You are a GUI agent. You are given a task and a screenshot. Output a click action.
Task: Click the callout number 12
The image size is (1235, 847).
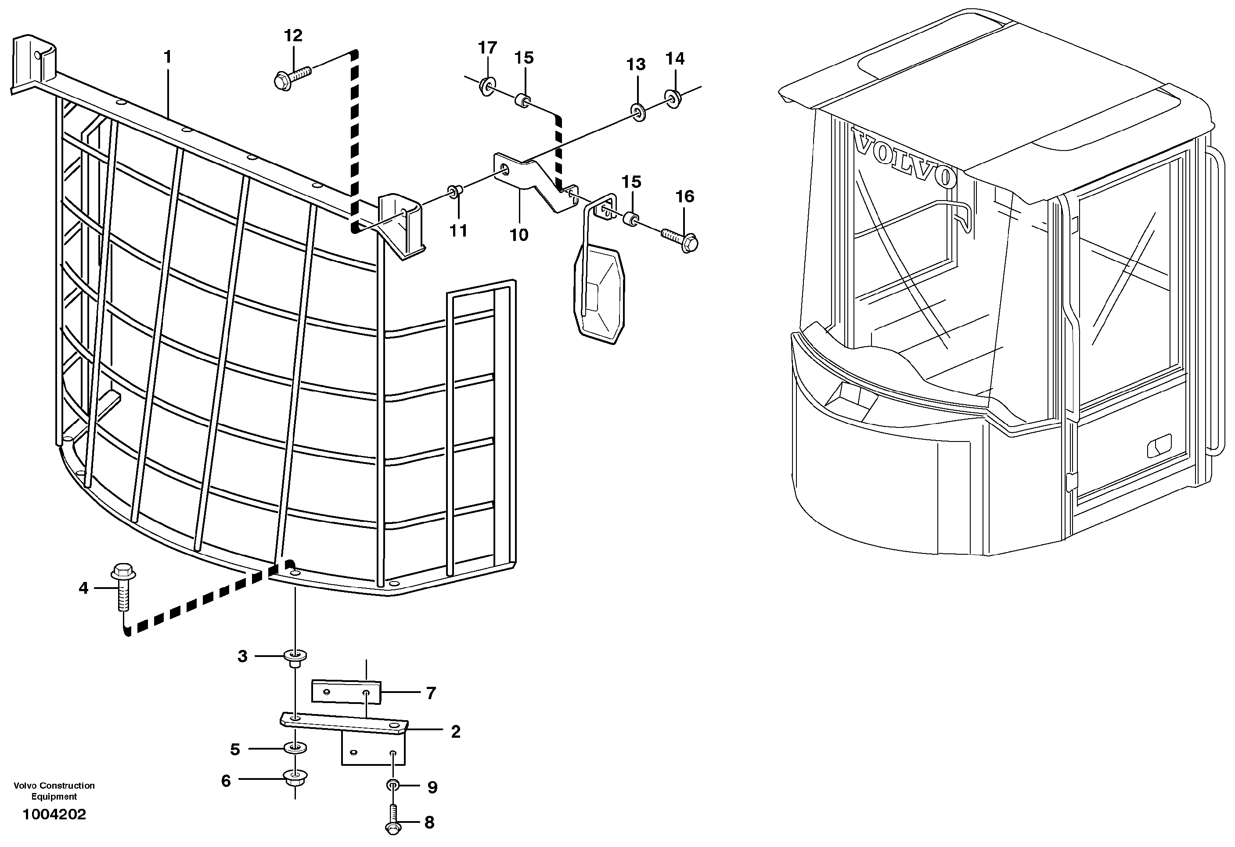pyautogui.click(x=293, y=36)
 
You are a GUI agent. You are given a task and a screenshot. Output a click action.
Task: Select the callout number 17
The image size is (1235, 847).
pyautogui.click(x=487, y=48)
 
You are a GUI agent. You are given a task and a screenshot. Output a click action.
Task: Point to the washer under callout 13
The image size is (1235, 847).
pyautogui.click(x=637, y=112)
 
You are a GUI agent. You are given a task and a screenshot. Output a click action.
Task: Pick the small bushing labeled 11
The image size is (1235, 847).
pyautogui.click(x=455, y=191)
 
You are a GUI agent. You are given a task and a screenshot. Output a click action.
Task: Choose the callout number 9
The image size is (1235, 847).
pyautogui.click(x=432, y=787)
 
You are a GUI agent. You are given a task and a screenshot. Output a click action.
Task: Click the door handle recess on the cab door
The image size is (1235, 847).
pyautogui.click(x=1159, y=446)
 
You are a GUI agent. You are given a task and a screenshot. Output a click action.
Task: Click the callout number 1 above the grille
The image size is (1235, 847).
pyautogui.click(x=168, y=57)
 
